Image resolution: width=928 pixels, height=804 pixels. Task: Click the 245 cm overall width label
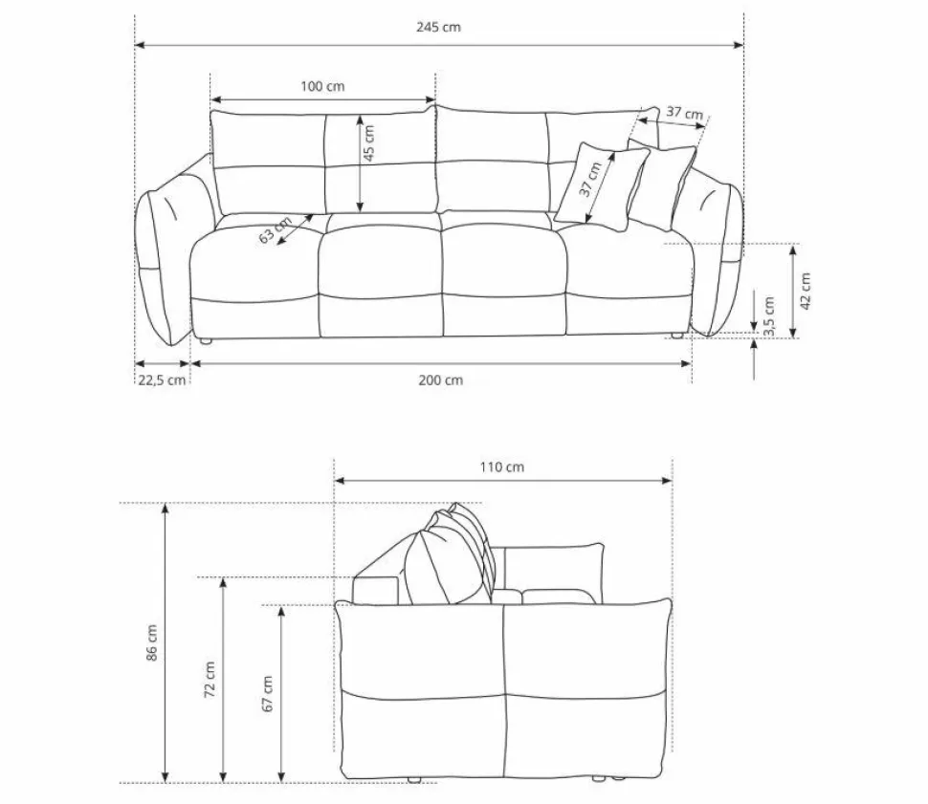pyautogui.click(x=438, y=27)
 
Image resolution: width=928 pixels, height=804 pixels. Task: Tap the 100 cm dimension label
pyautogui.click(x=322, y=86)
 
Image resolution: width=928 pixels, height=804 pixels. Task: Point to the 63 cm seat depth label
pyautogui.click(x=276, y=231)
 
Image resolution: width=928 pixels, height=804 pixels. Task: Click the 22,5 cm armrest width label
pyautogui.click(x=162, y=380)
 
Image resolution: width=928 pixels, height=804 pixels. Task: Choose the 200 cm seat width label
pyautogui.click(x=440, y=380)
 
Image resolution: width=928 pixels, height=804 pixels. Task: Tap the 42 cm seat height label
pyautogui.click(x=806, y=291)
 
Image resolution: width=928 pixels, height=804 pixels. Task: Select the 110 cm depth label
pyautogui.click(x=501, y=467)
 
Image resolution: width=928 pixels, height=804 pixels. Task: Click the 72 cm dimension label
pyautogui.click(x=210, y=679)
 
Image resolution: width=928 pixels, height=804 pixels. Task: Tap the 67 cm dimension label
pyautogui.click(x=268, y=693)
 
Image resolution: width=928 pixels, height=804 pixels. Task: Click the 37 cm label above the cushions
pyautogui.click(x=684, y=114)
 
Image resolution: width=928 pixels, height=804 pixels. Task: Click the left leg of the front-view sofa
pyautogui.click(x=203, y=339)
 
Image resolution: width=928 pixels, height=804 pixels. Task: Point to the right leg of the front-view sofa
pyautogui.click(x=676, y=336)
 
